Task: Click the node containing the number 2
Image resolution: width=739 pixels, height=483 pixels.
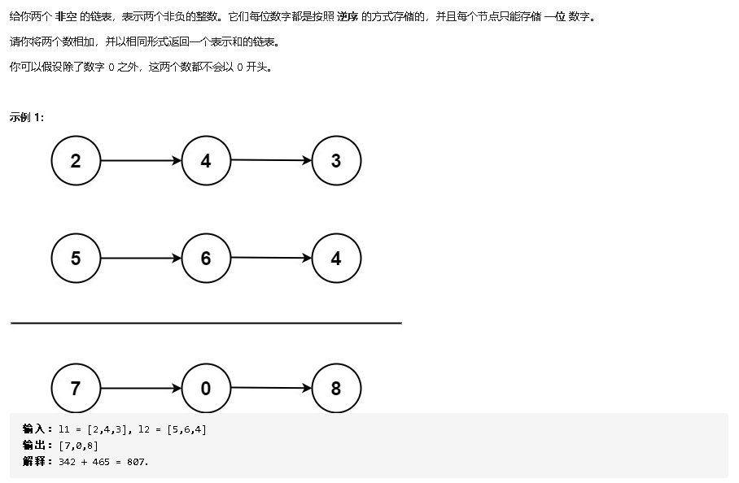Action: (76, 161)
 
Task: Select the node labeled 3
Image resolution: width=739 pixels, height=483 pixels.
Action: (336, 161)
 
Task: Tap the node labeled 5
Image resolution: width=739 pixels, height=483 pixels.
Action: (76, 259)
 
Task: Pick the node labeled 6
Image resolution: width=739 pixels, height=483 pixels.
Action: (206, 259)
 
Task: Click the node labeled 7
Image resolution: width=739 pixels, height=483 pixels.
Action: (76, 389)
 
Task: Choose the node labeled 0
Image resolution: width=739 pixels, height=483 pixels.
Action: (206, 389)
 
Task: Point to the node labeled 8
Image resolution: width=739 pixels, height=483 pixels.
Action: (336, 389)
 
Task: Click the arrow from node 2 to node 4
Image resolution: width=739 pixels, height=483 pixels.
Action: (141, 161)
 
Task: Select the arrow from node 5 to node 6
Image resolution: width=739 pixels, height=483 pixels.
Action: (141, 259)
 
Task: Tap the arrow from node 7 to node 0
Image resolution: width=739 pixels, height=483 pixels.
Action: (141, 389)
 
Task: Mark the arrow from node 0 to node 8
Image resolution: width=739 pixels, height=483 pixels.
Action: (271, 389)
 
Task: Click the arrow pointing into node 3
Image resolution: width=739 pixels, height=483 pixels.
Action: (271, 160)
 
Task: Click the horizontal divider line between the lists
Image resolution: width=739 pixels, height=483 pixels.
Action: (206, 323)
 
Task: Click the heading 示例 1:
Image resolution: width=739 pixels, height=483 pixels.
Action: (27, 117)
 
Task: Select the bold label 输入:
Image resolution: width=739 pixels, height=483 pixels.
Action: (37, 429)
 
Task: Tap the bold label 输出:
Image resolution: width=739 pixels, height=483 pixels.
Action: (37, 446)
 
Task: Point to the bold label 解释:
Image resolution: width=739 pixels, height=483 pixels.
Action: (37, 462)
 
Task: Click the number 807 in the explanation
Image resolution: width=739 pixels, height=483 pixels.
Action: (137, 462)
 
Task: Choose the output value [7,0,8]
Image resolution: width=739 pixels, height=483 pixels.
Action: (79, 446)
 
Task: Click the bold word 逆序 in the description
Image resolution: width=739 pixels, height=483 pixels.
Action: (348, 17)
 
